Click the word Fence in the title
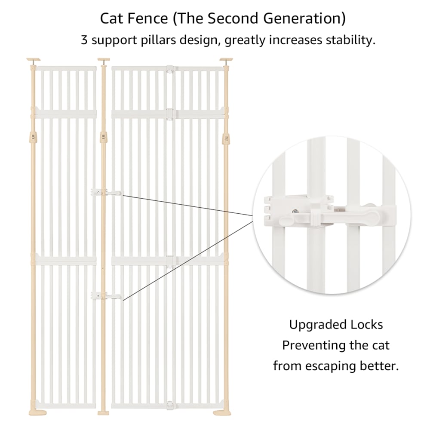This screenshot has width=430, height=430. click(x=148, y=18)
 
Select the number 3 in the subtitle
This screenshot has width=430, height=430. click(x=84, y=40)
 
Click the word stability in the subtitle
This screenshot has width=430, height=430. click(x=350, y=40)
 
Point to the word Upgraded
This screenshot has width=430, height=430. click(x=314, y=325)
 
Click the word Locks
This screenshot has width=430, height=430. click(x=363, y=325)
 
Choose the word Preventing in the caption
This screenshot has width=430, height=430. click(x=311, y=345)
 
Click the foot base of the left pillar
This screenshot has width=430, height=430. click(x=37, y=413)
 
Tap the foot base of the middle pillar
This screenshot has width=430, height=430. click(x=103, y=413)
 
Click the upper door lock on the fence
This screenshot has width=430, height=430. click(x=107, y=192)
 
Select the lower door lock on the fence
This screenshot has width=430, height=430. click(x=107, y=296)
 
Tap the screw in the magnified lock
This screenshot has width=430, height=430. click(x=295, y=212)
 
